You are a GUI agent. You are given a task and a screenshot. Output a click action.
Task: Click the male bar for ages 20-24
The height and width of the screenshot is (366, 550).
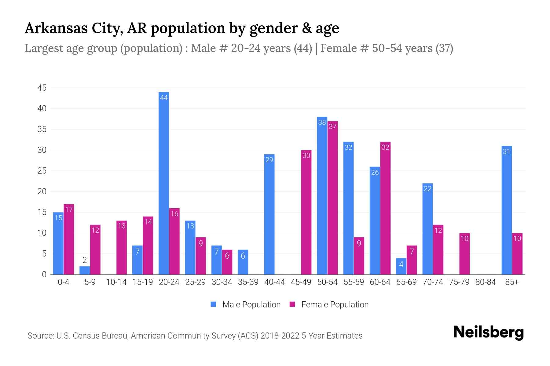164,183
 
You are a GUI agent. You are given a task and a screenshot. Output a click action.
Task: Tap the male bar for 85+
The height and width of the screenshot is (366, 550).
507,210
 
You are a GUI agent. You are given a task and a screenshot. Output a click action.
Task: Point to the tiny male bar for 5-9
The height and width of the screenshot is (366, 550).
85,271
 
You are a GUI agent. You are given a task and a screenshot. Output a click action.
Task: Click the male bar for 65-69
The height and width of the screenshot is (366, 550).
401,266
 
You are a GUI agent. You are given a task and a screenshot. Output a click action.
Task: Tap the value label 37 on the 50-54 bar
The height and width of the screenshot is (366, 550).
332,126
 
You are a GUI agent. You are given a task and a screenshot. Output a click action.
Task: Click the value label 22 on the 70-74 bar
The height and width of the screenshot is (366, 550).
427,189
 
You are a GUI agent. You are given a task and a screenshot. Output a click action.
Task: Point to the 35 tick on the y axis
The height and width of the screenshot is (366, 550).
42,129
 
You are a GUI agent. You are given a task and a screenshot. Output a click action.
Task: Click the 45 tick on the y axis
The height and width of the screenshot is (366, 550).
42,88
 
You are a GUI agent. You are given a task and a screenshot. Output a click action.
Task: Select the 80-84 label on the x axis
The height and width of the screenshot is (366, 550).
485,282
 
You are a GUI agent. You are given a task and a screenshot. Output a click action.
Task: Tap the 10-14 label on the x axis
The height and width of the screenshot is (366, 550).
116,282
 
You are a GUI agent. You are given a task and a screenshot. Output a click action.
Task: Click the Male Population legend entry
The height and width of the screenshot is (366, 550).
246,304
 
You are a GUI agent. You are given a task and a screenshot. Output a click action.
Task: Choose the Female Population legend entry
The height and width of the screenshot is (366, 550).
329,304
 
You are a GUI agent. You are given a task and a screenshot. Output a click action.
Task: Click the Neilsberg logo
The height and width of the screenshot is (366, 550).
488,332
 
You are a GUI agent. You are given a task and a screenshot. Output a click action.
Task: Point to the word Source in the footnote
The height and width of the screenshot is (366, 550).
40,336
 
